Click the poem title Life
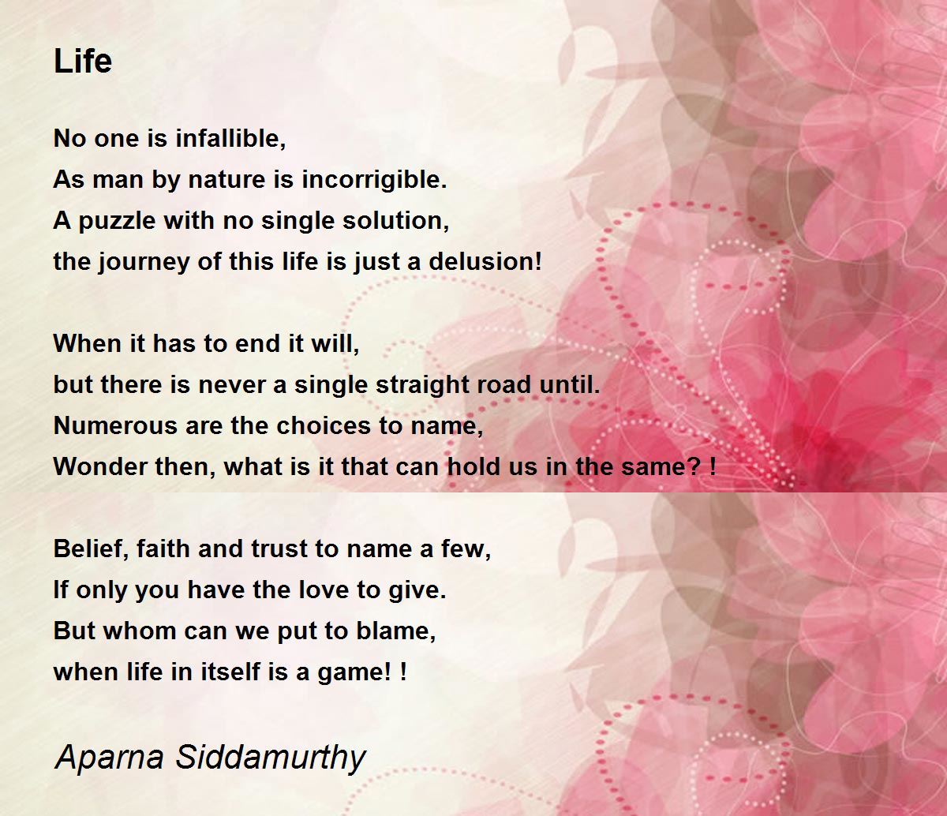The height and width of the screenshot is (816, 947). (83, 61)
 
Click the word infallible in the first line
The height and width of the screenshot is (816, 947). (230, 137)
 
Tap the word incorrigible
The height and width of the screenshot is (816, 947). (374, 180)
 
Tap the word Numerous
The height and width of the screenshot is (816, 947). (115, 425)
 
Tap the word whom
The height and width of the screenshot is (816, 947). (140, 631)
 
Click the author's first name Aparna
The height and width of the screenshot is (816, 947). (109, 759)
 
